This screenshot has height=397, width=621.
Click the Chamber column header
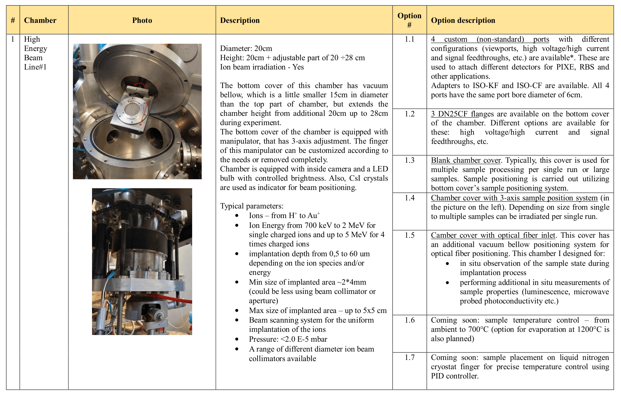(40, 20)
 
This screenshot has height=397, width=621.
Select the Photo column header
(142, 20)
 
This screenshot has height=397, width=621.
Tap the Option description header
(463, 20)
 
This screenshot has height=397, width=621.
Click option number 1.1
(409, 39)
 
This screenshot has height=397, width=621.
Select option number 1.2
(409, 114)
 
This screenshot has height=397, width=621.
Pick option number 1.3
(409, 160)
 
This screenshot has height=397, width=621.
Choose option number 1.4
(409, 198)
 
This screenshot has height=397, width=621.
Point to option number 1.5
(409, 235)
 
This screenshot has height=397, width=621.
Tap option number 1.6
(409, 320)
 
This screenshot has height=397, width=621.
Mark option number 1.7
(409, 357)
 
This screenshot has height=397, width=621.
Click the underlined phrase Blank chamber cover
(466, 160)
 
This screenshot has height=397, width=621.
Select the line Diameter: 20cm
(246, 48)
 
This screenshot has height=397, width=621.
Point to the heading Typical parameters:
(251, 206)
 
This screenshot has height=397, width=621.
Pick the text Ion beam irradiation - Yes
(262, 67)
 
